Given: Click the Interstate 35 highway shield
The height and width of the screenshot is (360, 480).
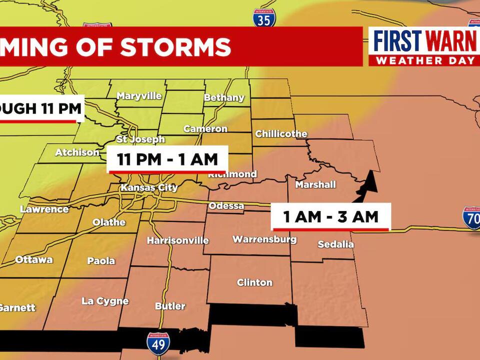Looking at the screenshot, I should (263, 18).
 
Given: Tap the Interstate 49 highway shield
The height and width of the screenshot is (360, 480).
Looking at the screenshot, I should (158, 343).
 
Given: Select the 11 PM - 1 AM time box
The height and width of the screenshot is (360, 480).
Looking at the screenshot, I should (167, 159).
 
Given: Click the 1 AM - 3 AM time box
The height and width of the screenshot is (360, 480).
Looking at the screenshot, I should (330, 217).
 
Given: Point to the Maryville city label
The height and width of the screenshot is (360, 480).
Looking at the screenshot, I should (139, 95).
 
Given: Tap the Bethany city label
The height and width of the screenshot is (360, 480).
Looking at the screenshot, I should (224, 97).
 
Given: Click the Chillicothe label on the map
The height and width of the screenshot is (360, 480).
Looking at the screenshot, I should (281, 134).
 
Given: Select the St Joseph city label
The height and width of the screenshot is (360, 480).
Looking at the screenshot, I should (140, 139).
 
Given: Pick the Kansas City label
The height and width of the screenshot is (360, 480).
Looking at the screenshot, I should (149, 188).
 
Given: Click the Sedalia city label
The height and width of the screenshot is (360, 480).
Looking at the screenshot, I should (336, 244).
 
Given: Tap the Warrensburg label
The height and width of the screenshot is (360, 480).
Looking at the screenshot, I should (264, 239).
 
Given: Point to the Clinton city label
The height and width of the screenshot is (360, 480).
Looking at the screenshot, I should (254, 282).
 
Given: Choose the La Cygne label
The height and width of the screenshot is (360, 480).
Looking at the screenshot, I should (105, 301).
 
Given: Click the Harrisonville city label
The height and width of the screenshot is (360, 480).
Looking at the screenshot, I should (177, 240).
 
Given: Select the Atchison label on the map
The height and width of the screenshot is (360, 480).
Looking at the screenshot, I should (77, 152).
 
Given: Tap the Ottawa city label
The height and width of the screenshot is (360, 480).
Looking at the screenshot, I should (33, 259).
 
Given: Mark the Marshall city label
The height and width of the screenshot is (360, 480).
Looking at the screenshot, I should (315, 184).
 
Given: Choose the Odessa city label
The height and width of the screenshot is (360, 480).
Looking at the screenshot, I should (226, 206).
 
